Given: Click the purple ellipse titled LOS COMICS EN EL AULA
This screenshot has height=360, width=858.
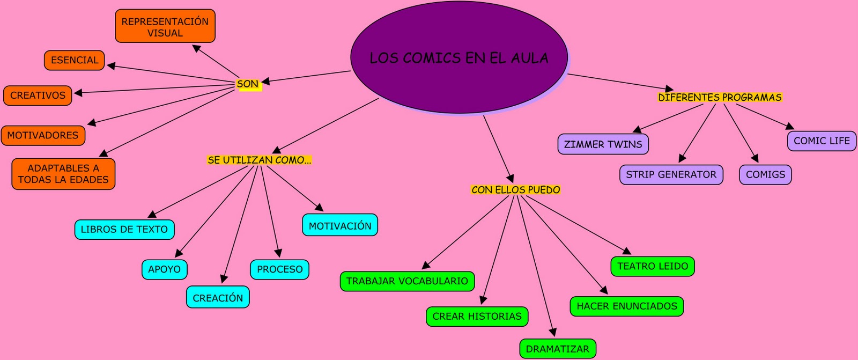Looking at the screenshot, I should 459,57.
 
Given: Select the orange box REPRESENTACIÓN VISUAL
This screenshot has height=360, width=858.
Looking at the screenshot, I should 165,26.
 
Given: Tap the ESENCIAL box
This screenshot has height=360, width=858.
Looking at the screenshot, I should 75,60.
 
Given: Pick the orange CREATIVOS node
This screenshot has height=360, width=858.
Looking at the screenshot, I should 38,95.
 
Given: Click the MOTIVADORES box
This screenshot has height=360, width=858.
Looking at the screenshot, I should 43,135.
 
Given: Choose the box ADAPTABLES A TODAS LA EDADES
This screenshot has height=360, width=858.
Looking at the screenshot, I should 63,174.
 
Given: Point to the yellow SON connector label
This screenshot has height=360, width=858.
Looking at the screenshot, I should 248,84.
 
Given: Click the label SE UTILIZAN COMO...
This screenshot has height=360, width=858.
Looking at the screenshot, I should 260,160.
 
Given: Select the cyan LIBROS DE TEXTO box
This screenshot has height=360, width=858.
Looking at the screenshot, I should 124,230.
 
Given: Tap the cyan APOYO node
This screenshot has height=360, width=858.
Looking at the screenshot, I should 165,269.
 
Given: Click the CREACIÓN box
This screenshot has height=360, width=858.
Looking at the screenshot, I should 218,298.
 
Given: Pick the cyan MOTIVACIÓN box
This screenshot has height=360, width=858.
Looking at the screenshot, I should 340,226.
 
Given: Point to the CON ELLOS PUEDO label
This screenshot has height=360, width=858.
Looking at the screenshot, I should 516,190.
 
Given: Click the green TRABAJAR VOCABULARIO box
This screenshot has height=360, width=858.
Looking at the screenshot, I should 407,281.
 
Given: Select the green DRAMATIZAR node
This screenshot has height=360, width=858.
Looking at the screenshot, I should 558,349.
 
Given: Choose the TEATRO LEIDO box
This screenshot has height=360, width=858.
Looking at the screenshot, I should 653,266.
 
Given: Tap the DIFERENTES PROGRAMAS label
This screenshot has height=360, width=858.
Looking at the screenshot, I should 720,98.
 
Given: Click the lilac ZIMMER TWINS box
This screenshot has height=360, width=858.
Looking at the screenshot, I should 603,144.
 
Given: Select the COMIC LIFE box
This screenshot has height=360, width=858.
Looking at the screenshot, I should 822,141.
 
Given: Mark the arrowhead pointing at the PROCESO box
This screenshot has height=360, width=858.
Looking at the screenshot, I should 278,253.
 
